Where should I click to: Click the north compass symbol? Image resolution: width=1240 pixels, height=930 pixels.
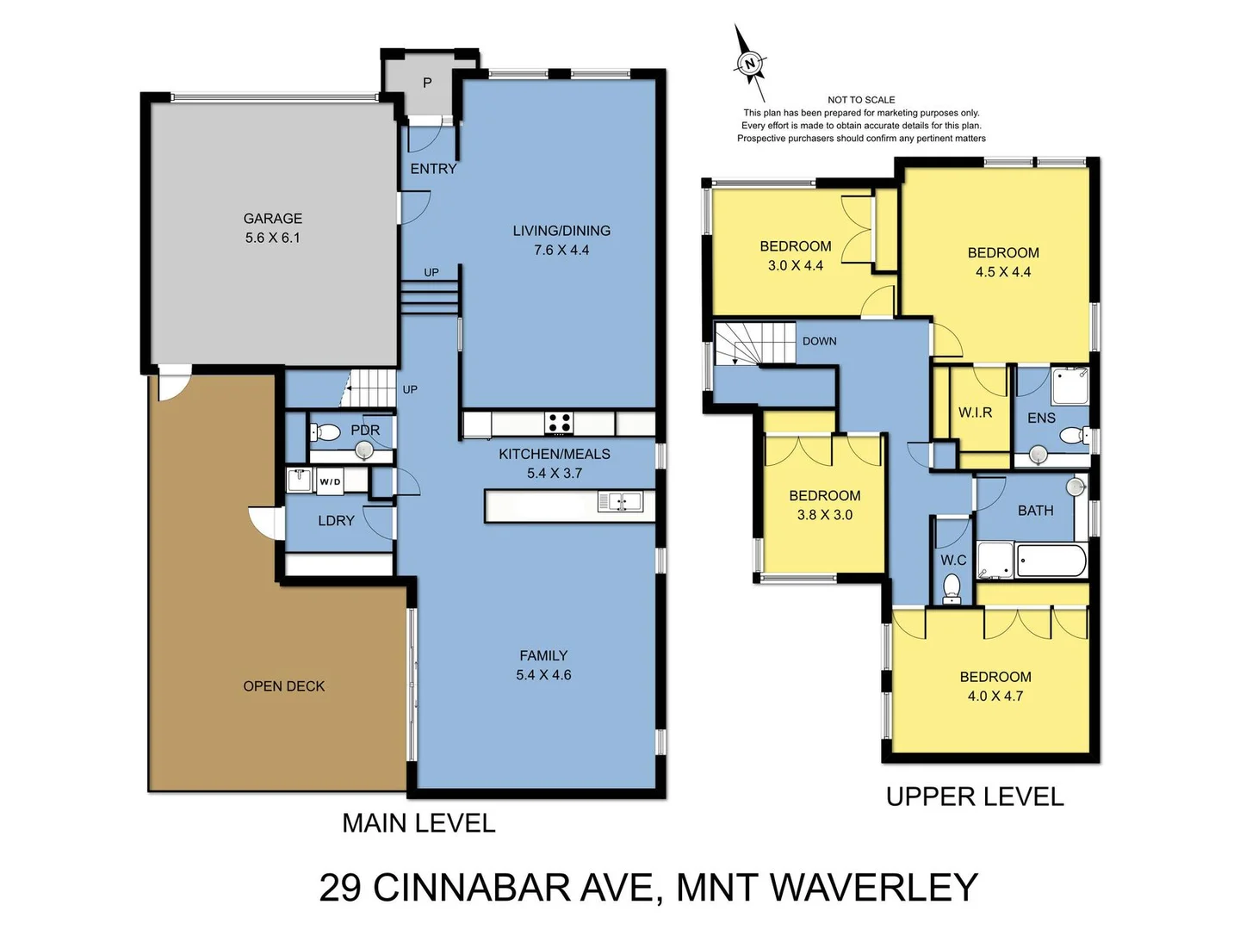[x=750, y=63]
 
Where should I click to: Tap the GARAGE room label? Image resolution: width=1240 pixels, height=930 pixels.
[x=272, y=219]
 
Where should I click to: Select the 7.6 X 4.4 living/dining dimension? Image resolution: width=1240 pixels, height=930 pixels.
[x=561, y=251]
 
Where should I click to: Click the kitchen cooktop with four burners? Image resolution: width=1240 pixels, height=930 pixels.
[x=558, y=423]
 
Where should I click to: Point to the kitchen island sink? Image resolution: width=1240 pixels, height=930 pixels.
[x=619, y=501]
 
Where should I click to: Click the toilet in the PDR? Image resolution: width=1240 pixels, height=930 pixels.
[x=325, y=431]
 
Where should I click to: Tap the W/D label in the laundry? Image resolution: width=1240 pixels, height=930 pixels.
[x=330, y=481]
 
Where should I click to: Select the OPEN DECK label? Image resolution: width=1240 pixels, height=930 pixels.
[x=284, y=686]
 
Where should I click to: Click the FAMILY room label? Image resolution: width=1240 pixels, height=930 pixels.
[x=543, y=655]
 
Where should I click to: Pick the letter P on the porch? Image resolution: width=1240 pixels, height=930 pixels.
[x=427, y=83]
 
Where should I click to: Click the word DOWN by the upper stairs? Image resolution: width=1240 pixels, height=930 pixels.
[x=819, y=341]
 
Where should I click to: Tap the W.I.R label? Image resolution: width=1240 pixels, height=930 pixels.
[x=975, y=412]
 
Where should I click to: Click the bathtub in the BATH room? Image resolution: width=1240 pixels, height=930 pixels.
[x=1051, y=561]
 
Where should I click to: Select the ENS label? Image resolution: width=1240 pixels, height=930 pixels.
[x=1041, y=418]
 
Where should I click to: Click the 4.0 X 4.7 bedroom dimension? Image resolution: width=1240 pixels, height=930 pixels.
[x=995, y=697]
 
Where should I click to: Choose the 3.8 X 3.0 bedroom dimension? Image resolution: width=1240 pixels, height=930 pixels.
[x=824, y=515]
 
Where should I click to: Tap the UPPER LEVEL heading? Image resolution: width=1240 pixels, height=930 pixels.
[x=975, y=797]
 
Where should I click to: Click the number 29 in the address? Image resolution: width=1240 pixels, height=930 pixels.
[x=339, y=888]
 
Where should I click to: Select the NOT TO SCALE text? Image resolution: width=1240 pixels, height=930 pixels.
[x=861, y=100]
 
